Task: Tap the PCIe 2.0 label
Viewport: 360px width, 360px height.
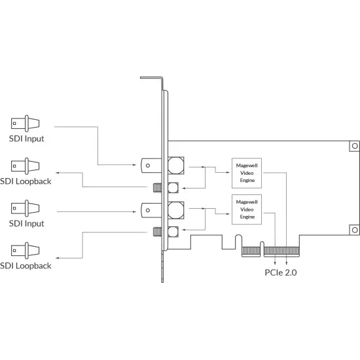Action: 281,272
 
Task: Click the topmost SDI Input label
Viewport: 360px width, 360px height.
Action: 27,139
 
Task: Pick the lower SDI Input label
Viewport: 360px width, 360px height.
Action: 27,224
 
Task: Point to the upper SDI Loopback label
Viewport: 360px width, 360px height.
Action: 26,181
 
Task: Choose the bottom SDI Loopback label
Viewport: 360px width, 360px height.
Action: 26,266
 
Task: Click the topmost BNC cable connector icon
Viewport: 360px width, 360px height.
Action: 26,124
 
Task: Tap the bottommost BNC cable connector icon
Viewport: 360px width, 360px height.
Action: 26,251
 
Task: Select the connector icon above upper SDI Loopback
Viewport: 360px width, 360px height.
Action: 26,166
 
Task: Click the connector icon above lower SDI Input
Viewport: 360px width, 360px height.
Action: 26,208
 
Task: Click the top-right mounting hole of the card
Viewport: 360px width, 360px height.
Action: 355,146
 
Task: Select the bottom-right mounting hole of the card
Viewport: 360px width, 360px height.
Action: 355,230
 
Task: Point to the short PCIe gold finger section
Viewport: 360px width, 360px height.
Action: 251,251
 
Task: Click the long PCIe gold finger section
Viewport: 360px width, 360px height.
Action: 281,251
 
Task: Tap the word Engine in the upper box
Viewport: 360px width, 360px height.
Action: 247,181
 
